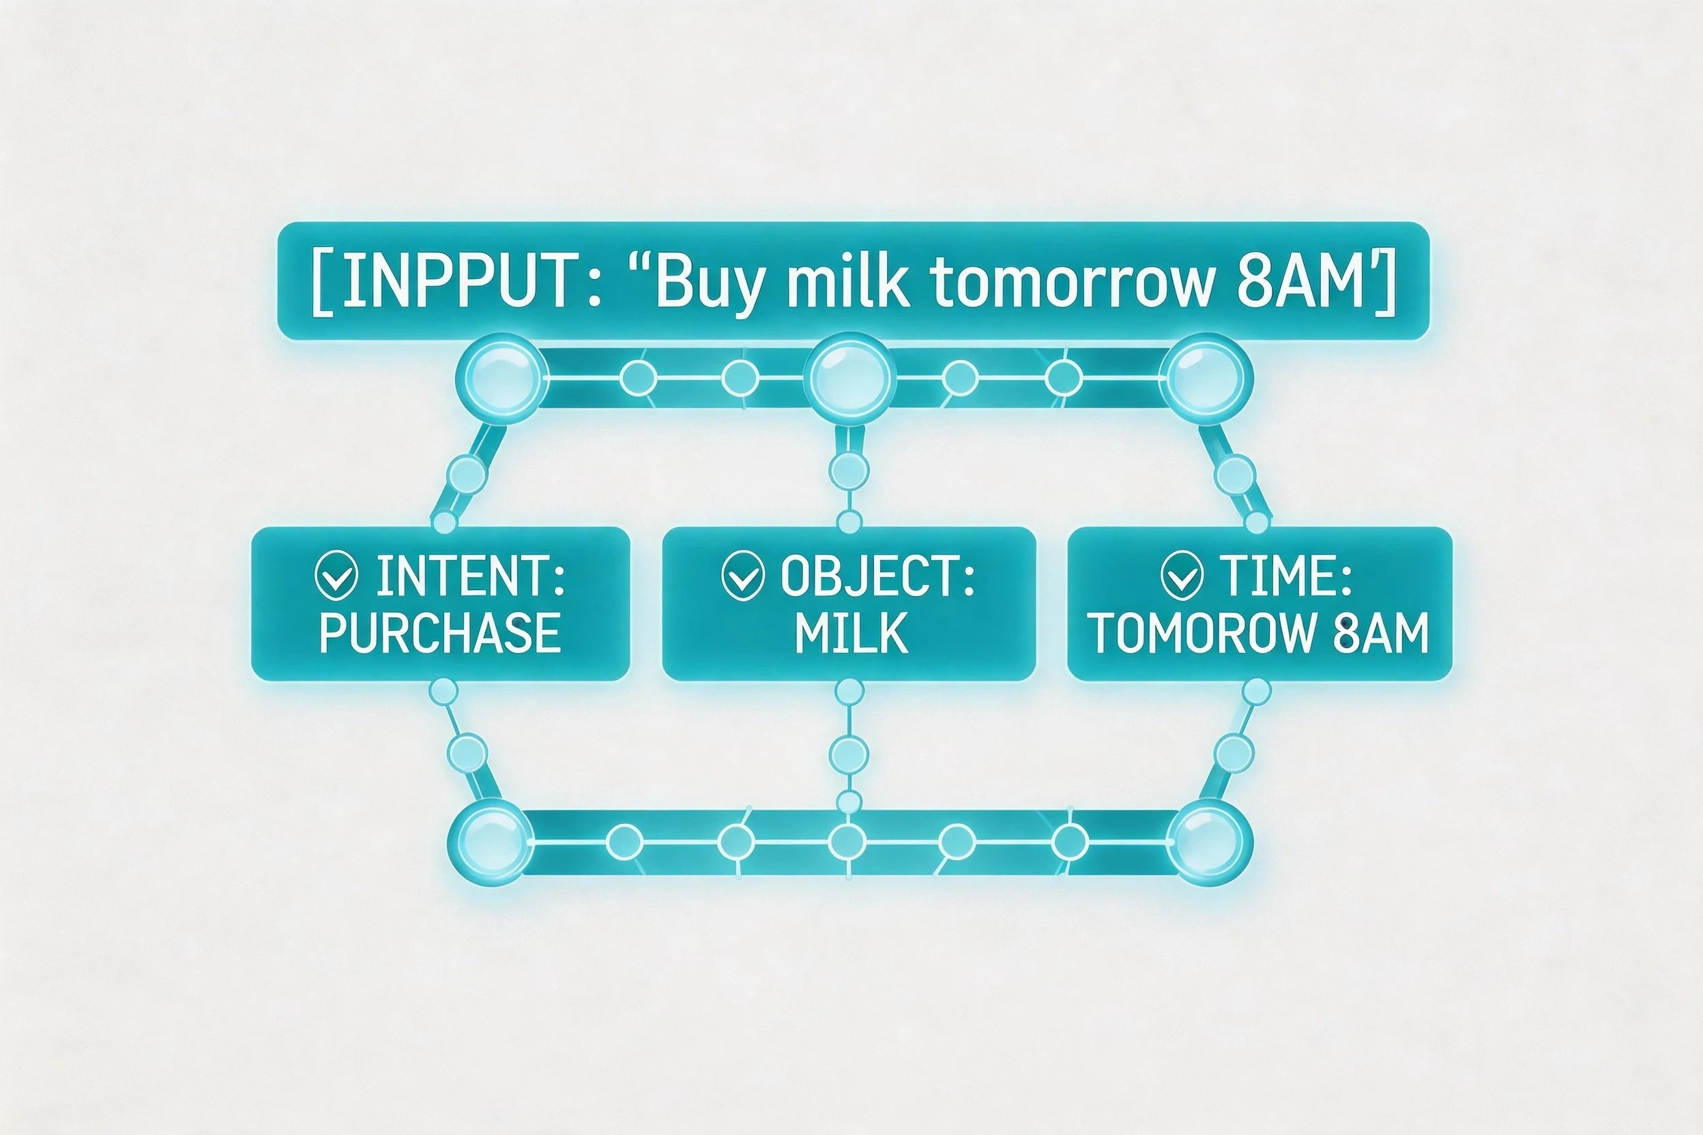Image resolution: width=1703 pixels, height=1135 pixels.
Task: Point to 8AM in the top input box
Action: click(1300, 282)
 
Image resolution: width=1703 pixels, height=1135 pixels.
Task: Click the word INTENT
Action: click(469, 577)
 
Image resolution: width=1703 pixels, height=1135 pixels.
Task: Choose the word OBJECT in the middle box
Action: click(877, 577)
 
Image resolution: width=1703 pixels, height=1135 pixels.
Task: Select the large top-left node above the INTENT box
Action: click(499, 377)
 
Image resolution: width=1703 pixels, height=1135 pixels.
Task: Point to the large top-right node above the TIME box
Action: click(1206, 377)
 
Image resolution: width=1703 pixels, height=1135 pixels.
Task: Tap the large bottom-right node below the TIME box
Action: click(1209, 842)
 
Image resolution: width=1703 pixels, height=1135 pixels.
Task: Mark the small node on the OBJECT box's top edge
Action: click(849, 521)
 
